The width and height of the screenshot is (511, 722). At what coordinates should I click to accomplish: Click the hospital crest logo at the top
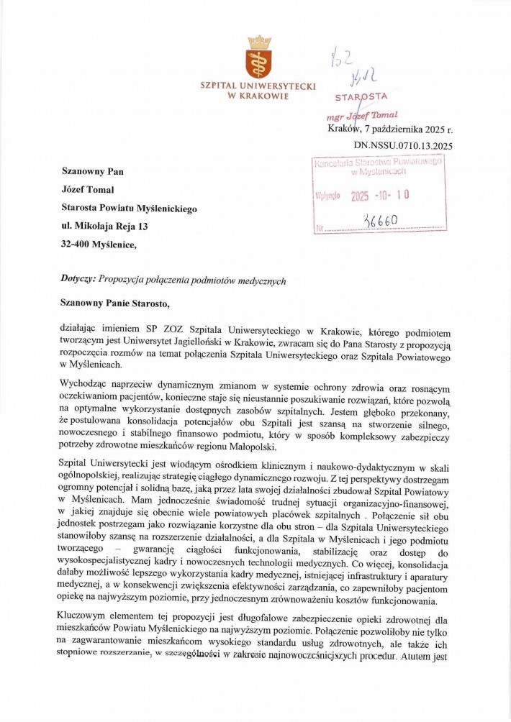(258, 57)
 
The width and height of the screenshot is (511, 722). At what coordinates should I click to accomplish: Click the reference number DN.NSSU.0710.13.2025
(403, 146)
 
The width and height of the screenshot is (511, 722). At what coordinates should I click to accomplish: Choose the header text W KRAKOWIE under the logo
(258, 96)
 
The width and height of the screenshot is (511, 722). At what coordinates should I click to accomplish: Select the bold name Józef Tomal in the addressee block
(94, 191)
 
